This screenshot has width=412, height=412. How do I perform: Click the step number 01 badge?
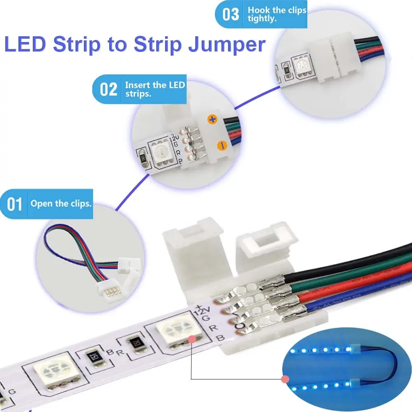point(15,204)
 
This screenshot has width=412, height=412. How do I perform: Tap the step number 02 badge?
point(108,89)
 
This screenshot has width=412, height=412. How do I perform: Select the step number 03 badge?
point(231,14)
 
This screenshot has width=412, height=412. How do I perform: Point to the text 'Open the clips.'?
point(61,204)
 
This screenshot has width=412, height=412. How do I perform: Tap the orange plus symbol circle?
point(213,119)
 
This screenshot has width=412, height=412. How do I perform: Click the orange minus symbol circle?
point(222,145)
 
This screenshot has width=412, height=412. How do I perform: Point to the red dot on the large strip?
point(192,339)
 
